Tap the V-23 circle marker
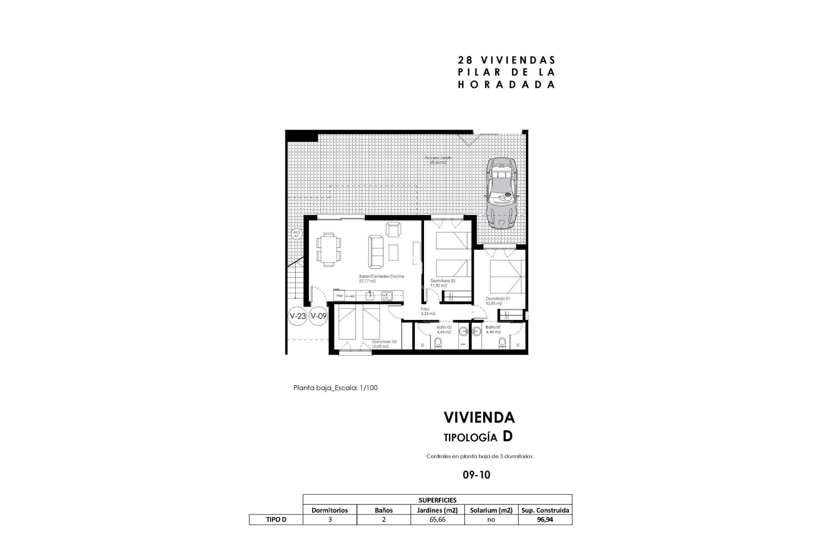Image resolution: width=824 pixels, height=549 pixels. [x=297, y=317]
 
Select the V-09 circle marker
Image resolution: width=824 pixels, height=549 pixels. [x=318, y=317]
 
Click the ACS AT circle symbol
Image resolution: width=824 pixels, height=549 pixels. [x=296, y=234]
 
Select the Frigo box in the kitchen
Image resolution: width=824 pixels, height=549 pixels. [x=339, y=296]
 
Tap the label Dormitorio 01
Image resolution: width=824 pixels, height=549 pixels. [x=497, y=299]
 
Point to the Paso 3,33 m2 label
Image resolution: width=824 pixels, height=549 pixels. [x=427, y=311]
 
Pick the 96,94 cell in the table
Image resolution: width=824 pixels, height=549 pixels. [x=545, y=519]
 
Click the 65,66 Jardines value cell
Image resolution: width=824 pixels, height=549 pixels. [x=437, y=519]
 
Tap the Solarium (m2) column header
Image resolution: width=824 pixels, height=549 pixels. [x=491, y=510]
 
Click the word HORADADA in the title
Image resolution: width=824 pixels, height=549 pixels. [x=506, y=84]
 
